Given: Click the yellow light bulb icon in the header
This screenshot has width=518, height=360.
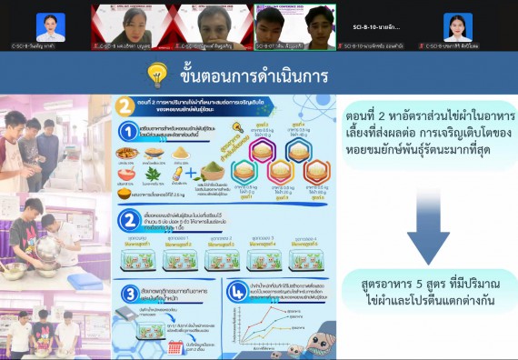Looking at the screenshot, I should tap(157, 73).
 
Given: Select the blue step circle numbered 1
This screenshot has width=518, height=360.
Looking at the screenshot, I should tap(129, 134).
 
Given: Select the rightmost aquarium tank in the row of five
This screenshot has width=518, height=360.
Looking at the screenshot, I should tap(305, 259).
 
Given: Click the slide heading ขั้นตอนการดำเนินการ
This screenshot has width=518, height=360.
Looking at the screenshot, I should tap(254, 73).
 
